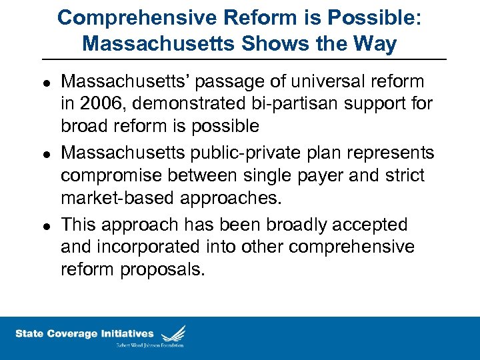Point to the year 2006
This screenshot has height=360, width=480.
[x=99, y=104]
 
